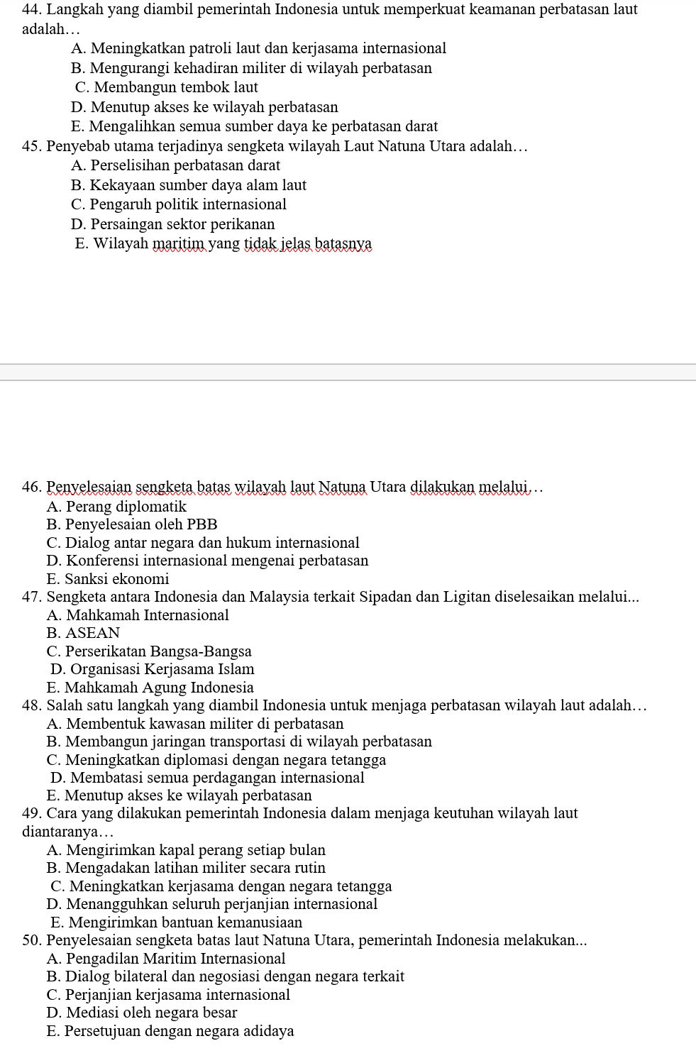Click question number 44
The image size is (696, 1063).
click(x=32, y=10)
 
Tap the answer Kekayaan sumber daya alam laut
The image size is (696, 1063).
click(x=189, y=185)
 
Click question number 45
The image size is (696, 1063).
click(x=32, y=147)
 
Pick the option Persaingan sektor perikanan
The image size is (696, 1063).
click(x=173, y=224)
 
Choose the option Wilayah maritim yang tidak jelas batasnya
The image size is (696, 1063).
click(x=223, y=244)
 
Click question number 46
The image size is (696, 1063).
click(x=32, y=488)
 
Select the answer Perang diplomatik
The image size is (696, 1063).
click(x=116, y=507)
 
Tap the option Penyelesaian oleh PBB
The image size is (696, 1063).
click(x=132, y=524)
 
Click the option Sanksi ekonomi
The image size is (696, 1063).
click(x=108, y=579)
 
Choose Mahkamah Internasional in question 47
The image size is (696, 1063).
click(x=138, y=615)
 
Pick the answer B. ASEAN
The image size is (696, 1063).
click(x=84, y=633)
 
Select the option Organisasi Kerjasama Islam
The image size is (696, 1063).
click(x=153, y=669)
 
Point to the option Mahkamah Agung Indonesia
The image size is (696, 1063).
click(x=150, y=688)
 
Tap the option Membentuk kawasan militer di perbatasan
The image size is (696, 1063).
click(x=195, y=724)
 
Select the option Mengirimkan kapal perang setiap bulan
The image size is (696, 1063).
click(x=186, y=850)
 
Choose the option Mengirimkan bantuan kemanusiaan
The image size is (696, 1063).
click(x=177, y=922)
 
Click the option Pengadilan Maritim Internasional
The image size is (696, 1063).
click(x=166, y=959)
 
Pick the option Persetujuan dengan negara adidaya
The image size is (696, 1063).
click(x=170, y=1031)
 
